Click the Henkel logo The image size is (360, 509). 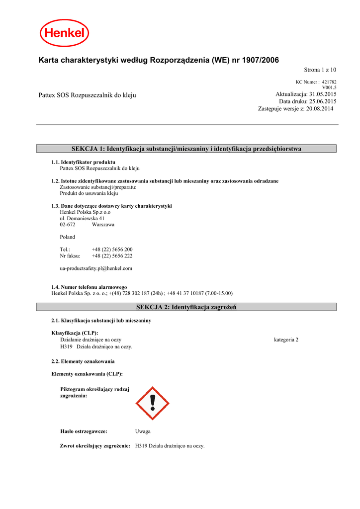(x=64, y=34)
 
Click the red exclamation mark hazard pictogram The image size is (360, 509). (x=153, y=403)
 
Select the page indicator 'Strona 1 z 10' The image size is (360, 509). (x=320, y=70)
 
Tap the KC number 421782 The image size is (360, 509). (x=329, y=82)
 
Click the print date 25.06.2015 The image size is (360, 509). (x=323, y=101)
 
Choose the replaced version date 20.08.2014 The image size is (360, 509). (x=321, y=108)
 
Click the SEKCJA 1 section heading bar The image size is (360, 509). (x=186, y=149)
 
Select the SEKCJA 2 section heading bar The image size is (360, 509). (x=186, y=308)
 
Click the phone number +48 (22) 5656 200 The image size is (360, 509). (x=112, y=250)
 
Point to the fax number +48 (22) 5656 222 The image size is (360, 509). (x=112, y=256)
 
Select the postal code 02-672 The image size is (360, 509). (x=68, y=225)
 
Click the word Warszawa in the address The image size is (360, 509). (x=103, y=225)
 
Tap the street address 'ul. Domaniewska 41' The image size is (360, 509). (x=82, y=218)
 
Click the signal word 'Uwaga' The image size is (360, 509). (x=143, y=431)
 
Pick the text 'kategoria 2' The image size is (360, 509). (x=286, y=339)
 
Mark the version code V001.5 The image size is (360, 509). (x=329, y=87)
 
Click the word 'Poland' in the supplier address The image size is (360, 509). (x=68, y=237)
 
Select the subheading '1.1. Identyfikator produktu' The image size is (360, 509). (x=84, y=163)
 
